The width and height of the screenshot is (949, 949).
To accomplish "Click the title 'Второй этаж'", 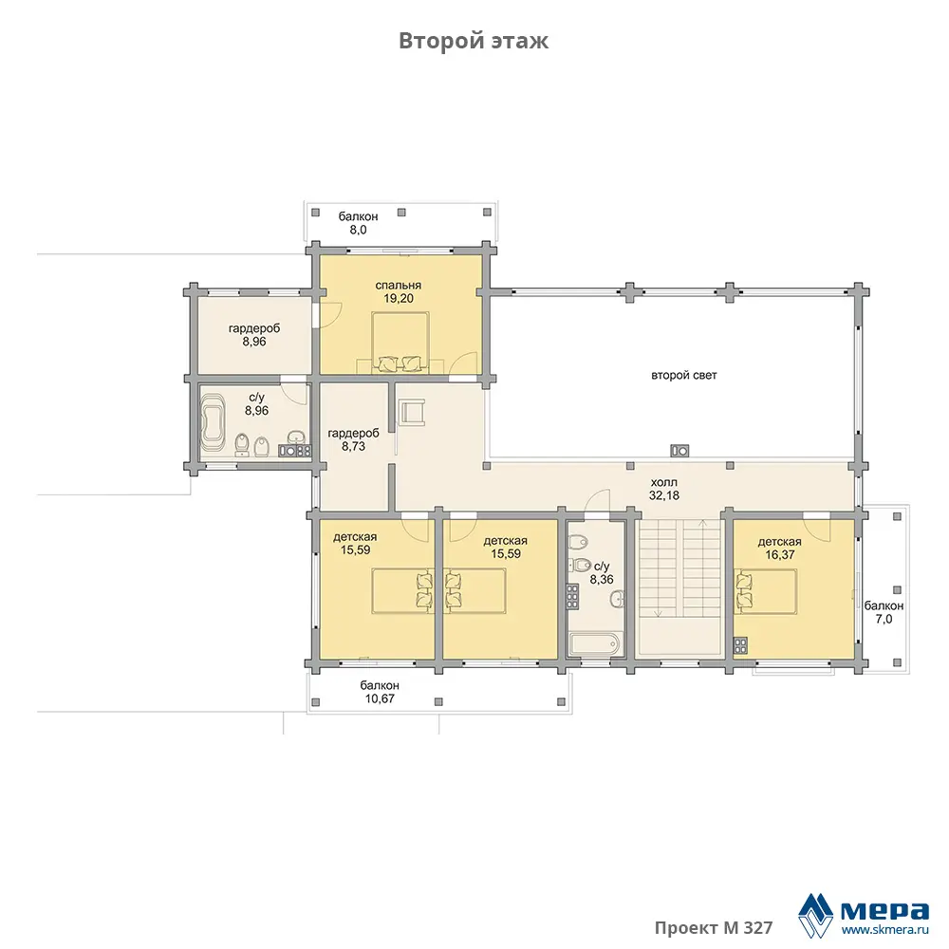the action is (474, 41).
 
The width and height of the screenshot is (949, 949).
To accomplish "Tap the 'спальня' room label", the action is (399, 285).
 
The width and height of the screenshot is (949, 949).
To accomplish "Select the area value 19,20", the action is (399, 298).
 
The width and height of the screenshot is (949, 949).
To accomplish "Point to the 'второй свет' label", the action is (684, 375).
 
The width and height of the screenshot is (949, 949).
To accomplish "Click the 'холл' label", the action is (664, 482).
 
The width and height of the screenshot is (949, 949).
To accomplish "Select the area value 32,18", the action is (664, 495).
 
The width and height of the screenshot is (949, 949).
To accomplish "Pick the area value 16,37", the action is (779, 555).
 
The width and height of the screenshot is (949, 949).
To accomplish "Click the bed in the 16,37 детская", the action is (766, 591).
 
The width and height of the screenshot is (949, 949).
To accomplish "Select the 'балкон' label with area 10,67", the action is (380, 686).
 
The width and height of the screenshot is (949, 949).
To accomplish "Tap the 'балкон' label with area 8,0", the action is (359, 216).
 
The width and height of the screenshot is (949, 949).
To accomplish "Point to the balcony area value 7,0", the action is (884, 619).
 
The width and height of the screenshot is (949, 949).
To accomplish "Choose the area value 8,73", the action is (353, 447).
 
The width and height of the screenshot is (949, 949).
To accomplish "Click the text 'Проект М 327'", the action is (714, 928).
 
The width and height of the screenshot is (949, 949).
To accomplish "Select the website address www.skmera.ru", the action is (884, 930).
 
